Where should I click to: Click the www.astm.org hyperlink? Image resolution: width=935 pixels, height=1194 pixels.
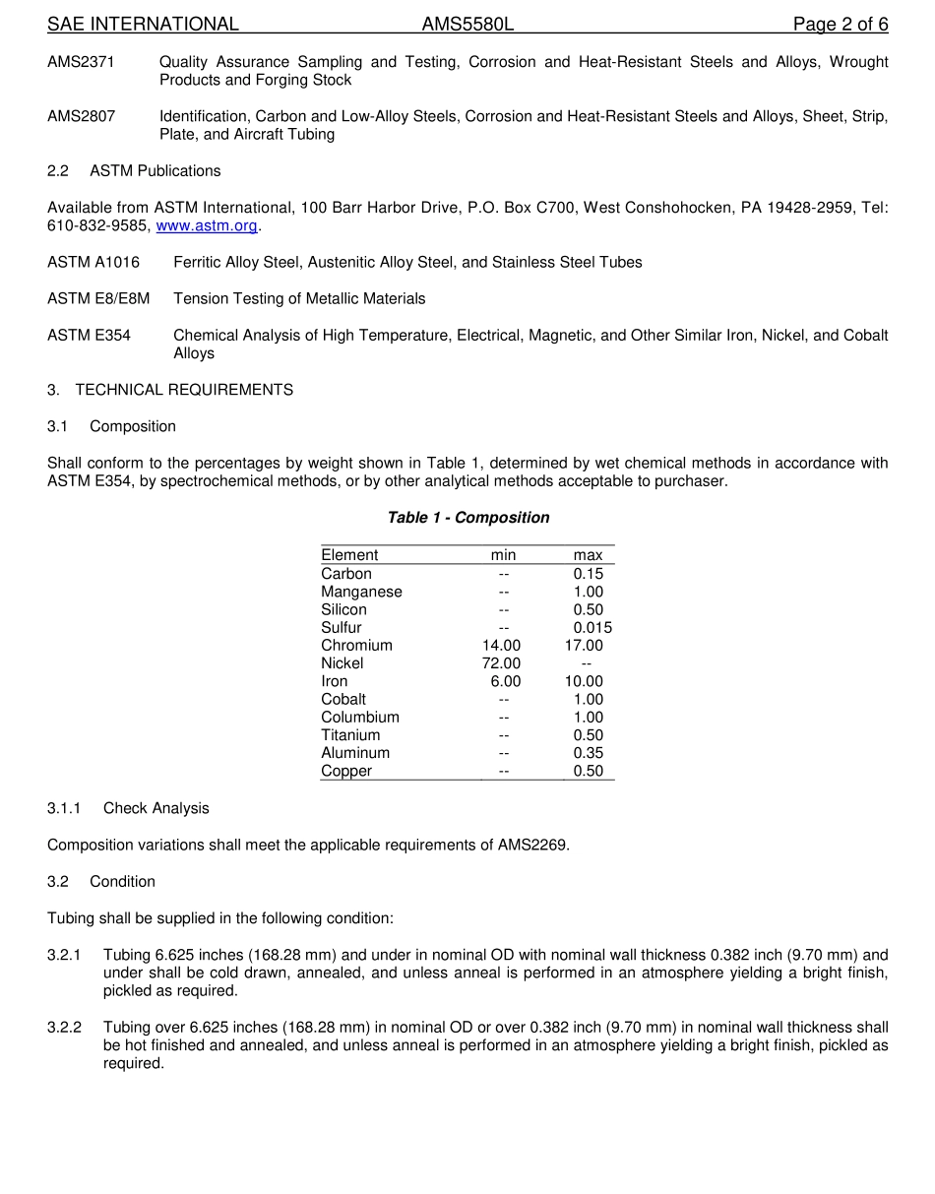pyautogui.click(x=207, y=225)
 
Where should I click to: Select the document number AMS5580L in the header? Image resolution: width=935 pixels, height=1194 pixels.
pyautogui.click(x=467, y=24)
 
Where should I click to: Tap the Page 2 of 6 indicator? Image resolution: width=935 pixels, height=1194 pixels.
pyautogui.click(x=841, y=24)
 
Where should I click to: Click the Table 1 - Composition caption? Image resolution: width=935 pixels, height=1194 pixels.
pyautogui.click(x=467, y=518)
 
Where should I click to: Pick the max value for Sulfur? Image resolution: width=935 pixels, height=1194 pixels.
pyautogui.click(x=592, y=628)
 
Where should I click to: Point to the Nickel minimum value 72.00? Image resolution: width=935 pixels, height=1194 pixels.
pyautogui.click(x=501, y=663)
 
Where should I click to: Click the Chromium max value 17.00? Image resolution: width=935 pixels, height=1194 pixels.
pyautogui.click(x=584, y=646)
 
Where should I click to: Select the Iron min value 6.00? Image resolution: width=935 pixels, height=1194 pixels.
pyautogui.click(x=506, y=681)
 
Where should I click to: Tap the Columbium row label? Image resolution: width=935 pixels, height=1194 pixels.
pyautogui.click(x=360, y=718)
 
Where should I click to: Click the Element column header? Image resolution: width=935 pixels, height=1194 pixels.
pyautogui.click(x=349, y=555)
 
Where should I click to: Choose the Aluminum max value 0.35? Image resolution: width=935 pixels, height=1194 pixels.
pyautogui.click(x=589, y=753)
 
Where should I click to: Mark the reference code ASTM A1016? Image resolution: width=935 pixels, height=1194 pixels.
pyautogui.click(x=93, y=262)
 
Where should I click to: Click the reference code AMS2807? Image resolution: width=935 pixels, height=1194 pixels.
pyautogui.click(x=81, y=116)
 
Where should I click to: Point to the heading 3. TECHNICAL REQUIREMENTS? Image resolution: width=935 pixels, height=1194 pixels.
pyautogui.click(x=170, y=390)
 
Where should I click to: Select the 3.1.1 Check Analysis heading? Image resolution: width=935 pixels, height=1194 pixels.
pyautogui.click(x=128, y=808)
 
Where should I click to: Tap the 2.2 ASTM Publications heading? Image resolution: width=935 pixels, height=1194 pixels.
pyautogui.click(x=134, y=171)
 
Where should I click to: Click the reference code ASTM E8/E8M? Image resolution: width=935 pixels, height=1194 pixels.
pyautogui.click(x=98, y=298)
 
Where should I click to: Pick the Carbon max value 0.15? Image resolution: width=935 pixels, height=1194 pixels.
pyautogui.click(x=589, y=574)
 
